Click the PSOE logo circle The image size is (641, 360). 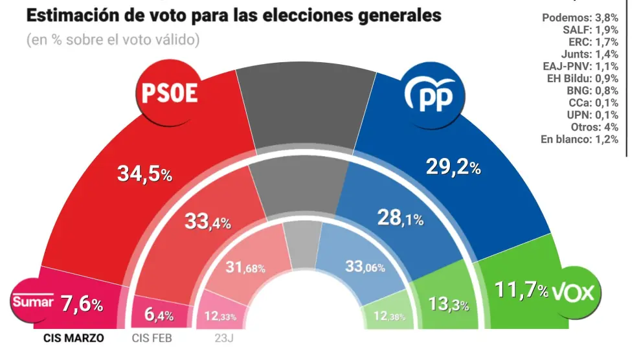click(x=169, y=95)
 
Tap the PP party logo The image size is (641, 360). click(x=433, y=95)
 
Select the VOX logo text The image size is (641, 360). click(x=572, y=293)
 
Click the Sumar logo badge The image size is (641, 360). click(x=31, y=301)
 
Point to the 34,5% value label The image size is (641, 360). click(x=144, y=174)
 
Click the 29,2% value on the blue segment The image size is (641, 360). click(x=453, y=168)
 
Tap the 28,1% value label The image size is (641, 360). click(x=399, y=219)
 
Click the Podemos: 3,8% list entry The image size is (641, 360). click(x=579, y=17)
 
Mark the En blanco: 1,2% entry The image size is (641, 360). click(x=579, y=139)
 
